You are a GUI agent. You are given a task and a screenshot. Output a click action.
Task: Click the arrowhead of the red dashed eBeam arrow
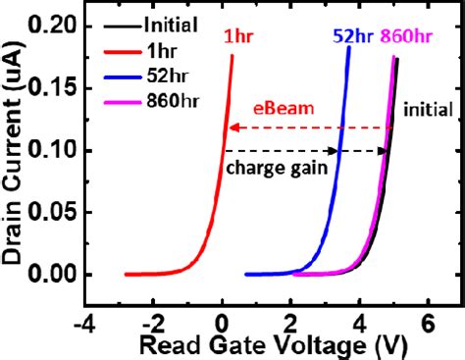click(x=231, y=128)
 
